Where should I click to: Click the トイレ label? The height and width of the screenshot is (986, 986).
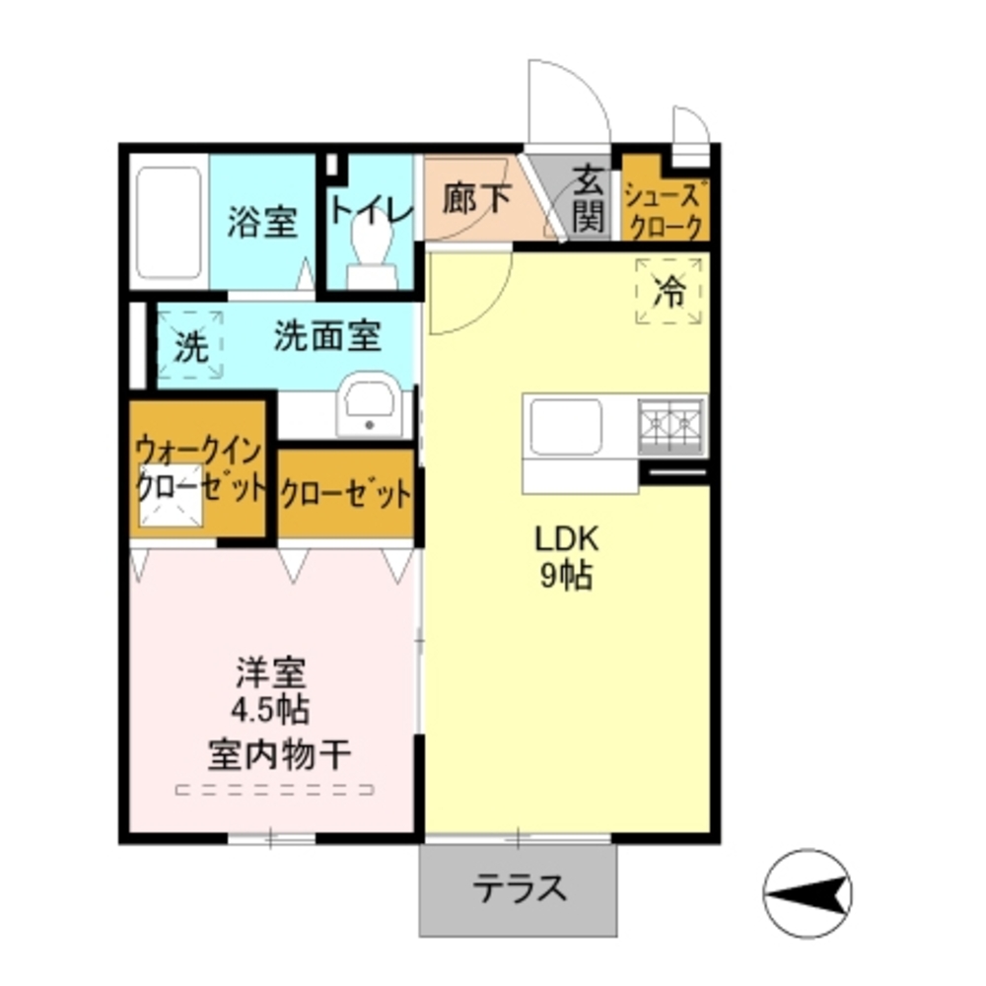coord(370,209)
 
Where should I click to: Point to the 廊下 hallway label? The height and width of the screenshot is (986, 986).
coord(476,200)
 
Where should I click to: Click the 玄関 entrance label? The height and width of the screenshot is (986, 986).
coord(588,200)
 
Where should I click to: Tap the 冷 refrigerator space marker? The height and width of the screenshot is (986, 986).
coord(670,290)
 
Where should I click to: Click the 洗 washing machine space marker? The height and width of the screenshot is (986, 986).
coord(191,345)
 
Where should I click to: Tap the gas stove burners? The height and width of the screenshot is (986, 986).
coord(671,425)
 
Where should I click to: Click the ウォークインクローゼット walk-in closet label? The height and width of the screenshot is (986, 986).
coord(200,469)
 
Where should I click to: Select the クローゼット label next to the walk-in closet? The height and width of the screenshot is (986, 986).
coord(344,492)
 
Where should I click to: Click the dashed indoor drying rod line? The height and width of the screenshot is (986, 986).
coord(275,789)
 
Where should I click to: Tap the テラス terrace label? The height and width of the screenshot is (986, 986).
coord(520,889)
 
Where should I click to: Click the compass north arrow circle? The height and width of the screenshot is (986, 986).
coord(809,893)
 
